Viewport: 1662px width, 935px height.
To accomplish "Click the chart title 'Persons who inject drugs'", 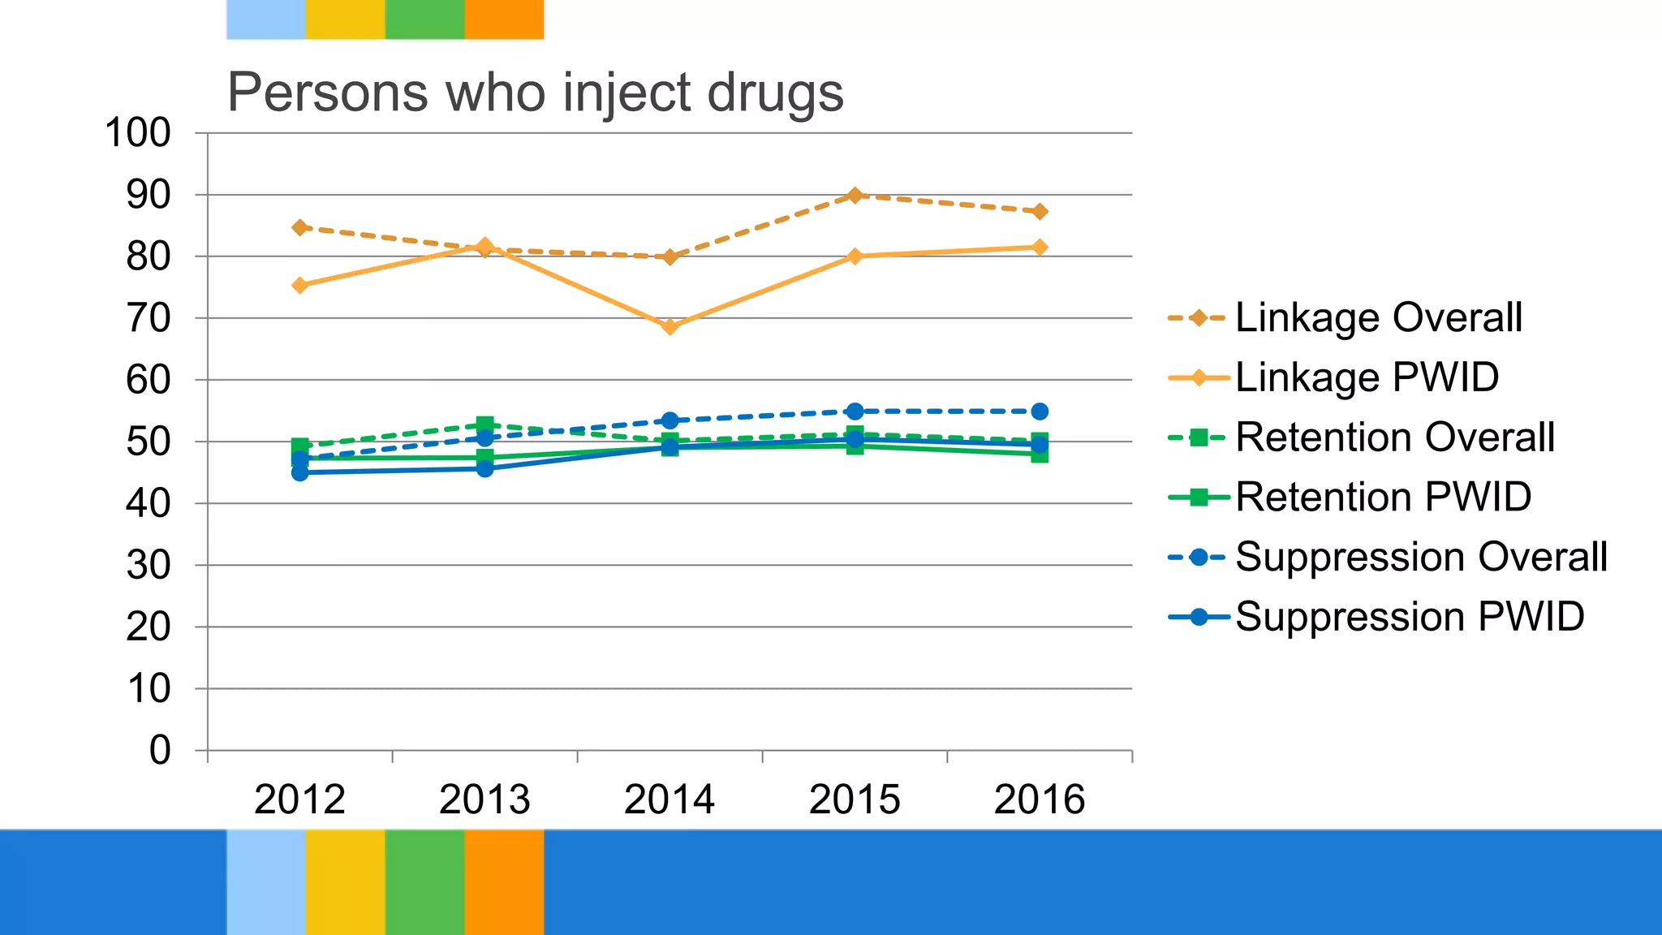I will pyautogui.click(x=535, y=93).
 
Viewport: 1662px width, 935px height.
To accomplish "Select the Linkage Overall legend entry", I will pyautogui.click(x=1378, y=317).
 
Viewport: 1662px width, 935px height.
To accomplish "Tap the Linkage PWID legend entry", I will pyautogui.click(x=1367, y=377).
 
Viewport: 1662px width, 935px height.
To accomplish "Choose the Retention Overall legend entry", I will pyautogui.click(x=1394, y=437).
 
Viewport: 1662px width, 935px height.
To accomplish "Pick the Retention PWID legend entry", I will pyautogui.click(x=1383, y=497).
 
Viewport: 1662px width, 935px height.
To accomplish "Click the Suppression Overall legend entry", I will pyautogui.click(x=1420, y=557).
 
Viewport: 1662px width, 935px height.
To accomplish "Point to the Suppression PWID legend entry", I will pyautogui.click(x=1409, y=617).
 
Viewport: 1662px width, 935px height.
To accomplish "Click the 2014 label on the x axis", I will pyautogui.click(x=670, y=799).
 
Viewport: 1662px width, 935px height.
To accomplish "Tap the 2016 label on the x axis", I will pyautogui.click(x=1040, y=799).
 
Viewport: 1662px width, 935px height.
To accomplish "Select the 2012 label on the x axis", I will pyautogui.click(x=299, y=799).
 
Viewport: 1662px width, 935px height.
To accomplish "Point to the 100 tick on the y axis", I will pyautogui.click(x=138, y=133).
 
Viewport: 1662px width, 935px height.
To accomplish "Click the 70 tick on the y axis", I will pyautogui.click(x=149, y=318).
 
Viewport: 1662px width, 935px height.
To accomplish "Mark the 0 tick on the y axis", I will pyautogui.click(x=160, y=750).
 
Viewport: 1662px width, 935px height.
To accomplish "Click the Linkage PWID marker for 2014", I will pyautogui.click(x=670, y=326).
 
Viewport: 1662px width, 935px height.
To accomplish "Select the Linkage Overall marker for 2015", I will pyautogui.click(x=855, y=195).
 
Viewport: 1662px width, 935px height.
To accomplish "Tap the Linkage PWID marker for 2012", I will pyautogui.click(x=299, y=285).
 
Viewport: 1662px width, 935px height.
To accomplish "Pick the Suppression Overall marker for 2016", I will pyautogui.click(x=1040, y=411).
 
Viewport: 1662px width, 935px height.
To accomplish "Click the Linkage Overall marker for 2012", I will pyautogui.click(x=299, y=227).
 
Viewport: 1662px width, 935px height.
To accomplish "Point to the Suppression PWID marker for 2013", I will pyautogui.click(x=484, y=468).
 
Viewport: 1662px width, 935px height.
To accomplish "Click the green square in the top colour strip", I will pyautogui.click(x=424, y=19).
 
